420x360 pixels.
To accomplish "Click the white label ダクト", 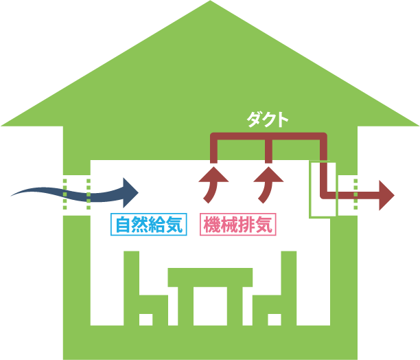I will [x=268, y=118].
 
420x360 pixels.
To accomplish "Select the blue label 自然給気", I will [x=149, y=225].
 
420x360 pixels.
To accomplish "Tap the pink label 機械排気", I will [x=238, y=225].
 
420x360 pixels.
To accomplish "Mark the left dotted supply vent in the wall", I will [x=76, y=193].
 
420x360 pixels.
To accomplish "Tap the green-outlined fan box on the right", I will [x=323, y=190].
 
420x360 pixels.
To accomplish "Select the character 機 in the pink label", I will [x=211, y=225].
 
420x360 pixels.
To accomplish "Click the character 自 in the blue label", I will [x=123, y=225].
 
